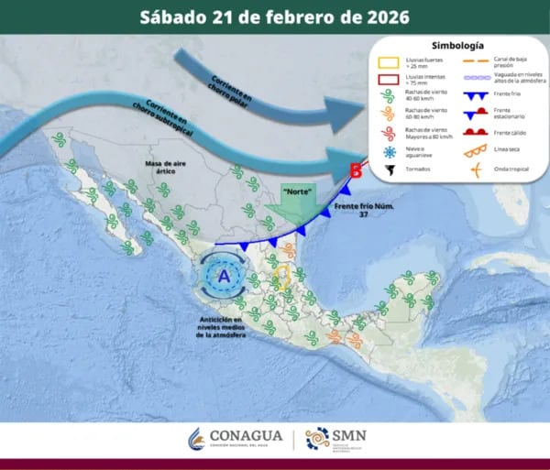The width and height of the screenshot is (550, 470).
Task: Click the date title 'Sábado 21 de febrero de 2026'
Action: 275,16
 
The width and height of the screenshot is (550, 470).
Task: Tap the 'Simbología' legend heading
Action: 456,45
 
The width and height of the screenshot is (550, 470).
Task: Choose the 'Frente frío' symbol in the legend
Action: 475,95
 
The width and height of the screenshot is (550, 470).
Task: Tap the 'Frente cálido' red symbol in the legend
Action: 475,133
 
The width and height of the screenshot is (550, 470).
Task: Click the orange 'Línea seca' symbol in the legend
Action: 475,151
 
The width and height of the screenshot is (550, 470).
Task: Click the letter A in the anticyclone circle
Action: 222,274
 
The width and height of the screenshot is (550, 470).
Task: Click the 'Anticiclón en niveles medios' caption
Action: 221,327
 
